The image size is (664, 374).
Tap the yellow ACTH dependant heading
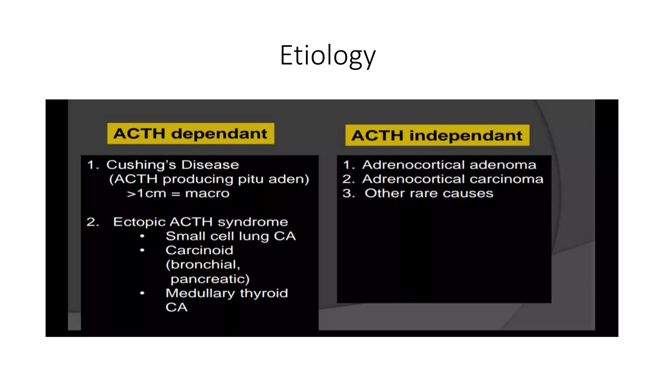click(190, 134)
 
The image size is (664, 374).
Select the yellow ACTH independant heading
click(437, 135)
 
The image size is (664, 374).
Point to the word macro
click(207, 193)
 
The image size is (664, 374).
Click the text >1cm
click(146, 193)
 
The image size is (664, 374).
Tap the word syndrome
click(253, 222)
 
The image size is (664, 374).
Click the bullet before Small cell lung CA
click(142, 236)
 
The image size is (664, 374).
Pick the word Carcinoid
click(199, 250)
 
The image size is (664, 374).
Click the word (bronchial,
click(203, 265)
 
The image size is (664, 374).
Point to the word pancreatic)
click(210, 279)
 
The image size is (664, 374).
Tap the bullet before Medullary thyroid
click(142, 293)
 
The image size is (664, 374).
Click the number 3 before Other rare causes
click(348, 193)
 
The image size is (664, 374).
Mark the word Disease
click(210, 165)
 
